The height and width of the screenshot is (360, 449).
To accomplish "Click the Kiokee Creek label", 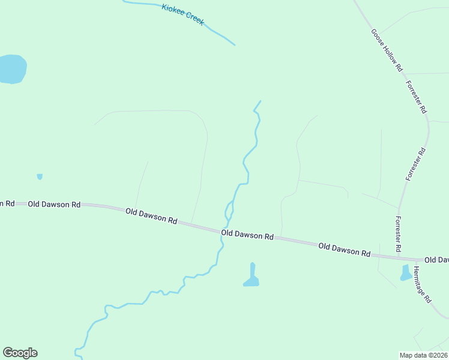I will point(183,14).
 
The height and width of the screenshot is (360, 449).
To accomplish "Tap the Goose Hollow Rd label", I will point(386,50).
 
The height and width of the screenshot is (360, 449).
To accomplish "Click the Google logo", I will point(20,353).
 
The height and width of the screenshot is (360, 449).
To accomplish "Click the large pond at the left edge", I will point(12,68).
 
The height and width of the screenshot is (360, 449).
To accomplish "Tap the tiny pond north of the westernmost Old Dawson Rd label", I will point(40,176).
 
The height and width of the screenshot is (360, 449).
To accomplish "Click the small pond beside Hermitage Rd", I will point(406,273).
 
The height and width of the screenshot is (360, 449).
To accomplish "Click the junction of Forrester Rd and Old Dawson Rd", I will point(399,257).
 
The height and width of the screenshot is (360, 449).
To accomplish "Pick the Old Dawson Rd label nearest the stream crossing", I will point(247,235).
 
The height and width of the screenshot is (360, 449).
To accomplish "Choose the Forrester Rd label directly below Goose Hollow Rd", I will point(416,97).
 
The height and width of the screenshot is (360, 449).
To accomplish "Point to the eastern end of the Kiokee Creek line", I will point(234,44).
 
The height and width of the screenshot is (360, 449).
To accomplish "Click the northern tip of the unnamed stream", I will point(261,101).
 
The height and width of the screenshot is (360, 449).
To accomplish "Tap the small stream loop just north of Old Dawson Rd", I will point(229,211).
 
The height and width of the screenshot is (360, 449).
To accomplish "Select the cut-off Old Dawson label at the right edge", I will point(436,260).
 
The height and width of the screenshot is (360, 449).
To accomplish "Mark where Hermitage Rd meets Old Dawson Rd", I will point(412,259).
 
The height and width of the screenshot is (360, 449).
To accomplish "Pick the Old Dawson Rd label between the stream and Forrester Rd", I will point(344,250).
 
